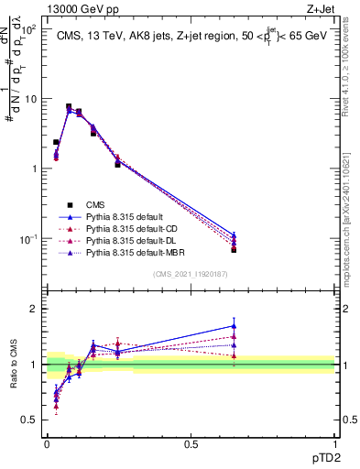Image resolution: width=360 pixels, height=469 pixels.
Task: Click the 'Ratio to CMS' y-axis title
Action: (x=16, y=365)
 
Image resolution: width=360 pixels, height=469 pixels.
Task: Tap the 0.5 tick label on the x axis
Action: (x=191, y=444)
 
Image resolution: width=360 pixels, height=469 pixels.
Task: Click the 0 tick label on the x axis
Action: (x=47, y=444)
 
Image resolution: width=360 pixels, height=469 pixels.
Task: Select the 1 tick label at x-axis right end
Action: (x=334, y=444)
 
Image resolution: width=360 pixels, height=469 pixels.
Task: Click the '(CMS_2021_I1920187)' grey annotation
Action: (x=191, y=274)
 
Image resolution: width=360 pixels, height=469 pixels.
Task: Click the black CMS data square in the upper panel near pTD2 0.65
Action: (x=234, y=249)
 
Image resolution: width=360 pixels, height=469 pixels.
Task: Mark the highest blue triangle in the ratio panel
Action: (x=234, y=325)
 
